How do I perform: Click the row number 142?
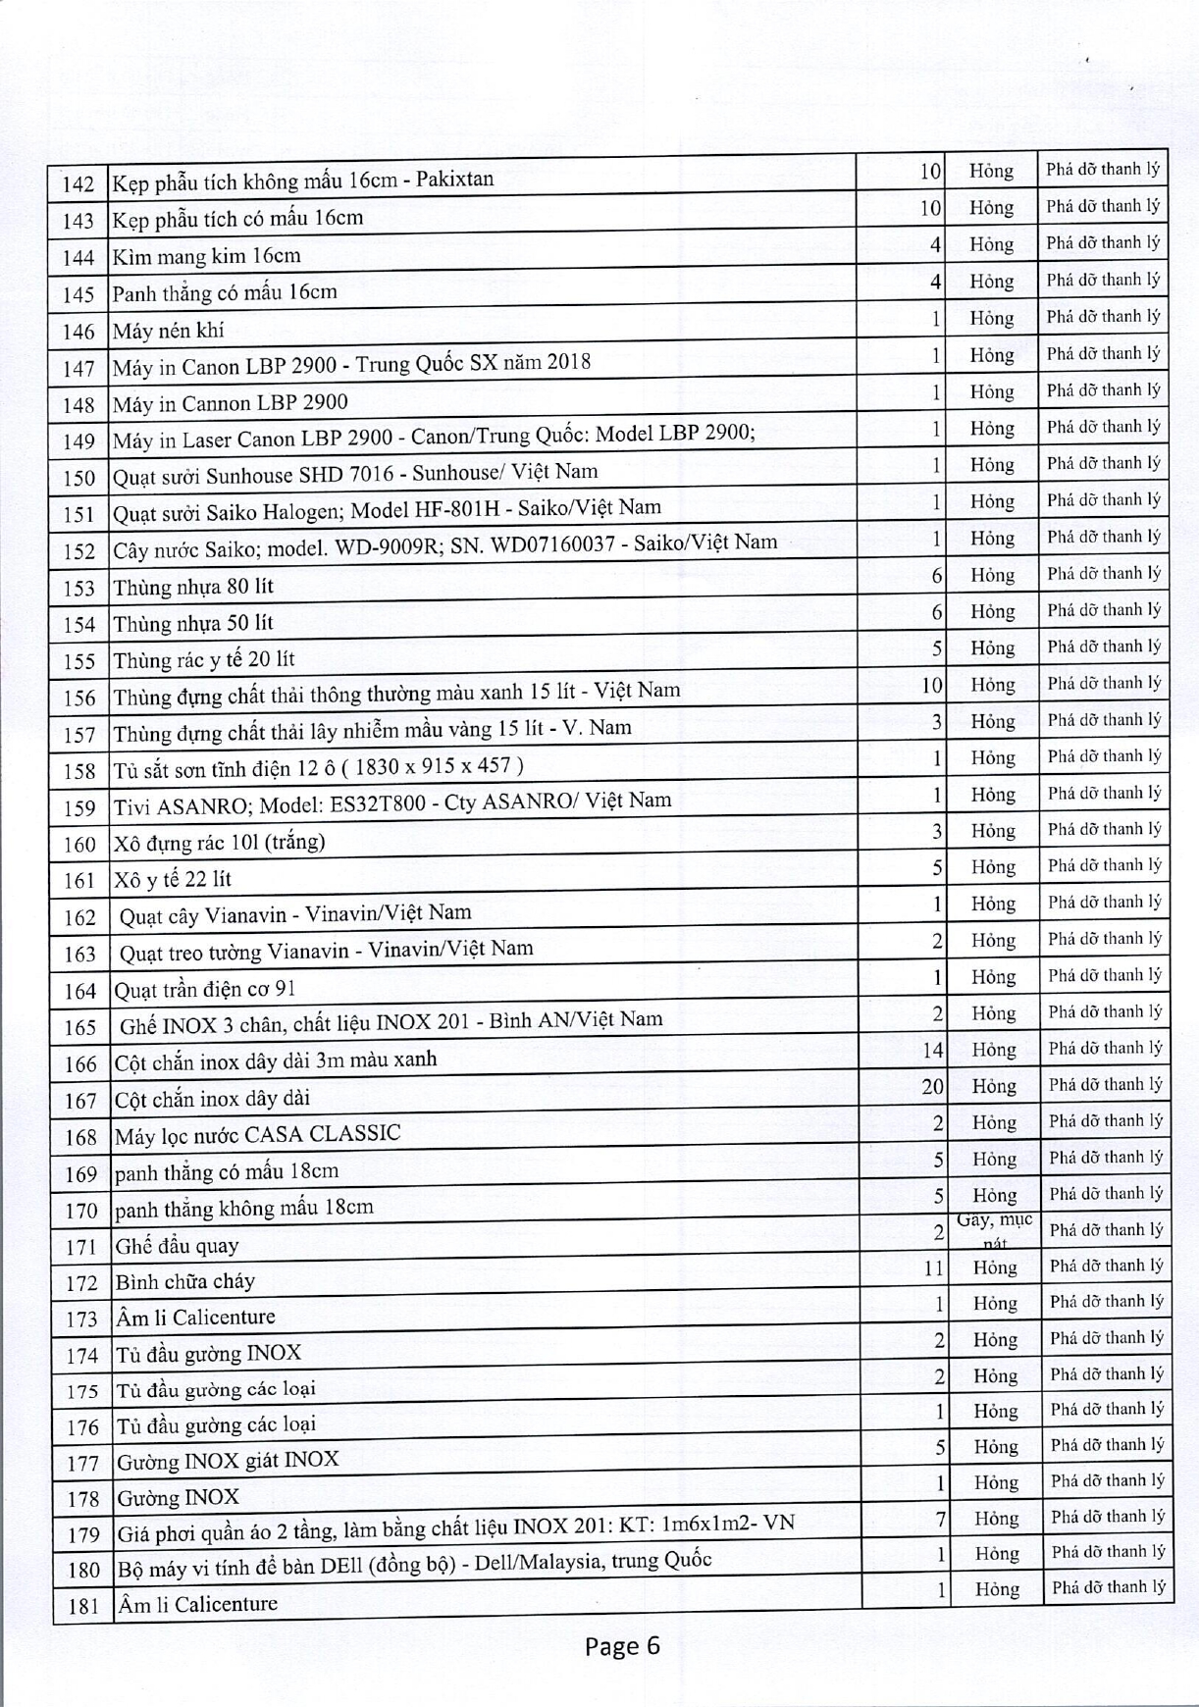(x=78, y=184)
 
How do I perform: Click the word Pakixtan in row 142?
(x=454, y=180)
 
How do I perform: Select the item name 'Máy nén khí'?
(x=168, y=331)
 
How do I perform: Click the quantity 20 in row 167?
(x=931, y=1086)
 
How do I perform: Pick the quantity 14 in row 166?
(x=932, y=1050)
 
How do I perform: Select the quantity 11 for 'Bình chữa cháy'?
(x=933, y=1267)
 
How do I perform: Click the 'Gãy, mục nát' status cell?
(x=994, y=1230)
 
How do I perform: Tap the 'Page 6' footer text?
(x=622, y=1645)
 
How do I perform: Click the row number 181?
(x=83, y=1606)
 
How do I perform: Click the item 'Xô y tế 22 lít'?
(x=173, y=879)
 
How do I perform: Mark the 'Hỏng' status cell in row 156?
(x=991, y=685)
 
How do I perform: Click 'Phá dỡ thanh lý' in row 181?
(x=1108, y=1586)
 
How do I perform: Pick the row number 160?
(x=79, y=845)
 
